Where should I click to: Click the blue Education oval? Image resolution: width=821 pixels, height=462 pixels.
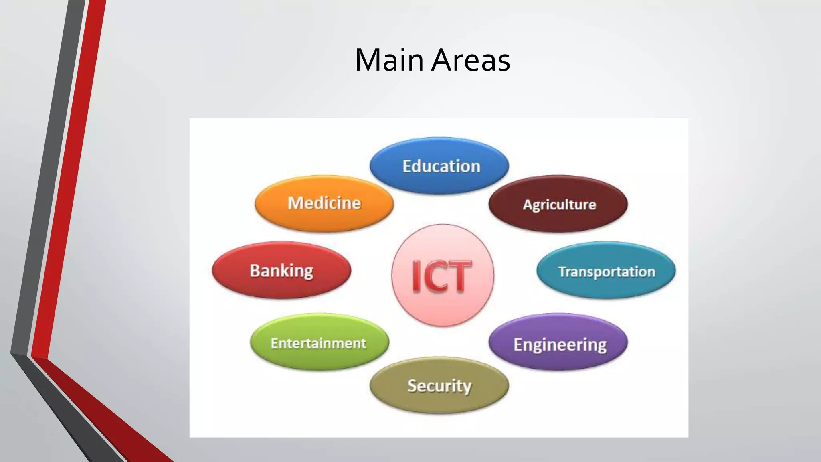click(x=439, y=166)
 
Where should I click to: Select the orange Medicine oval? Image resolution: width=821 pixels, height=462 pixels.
click(x=324, y=203)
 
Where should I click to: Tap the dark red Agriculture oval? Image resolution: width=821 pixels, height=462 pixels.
click(x=558, y=204)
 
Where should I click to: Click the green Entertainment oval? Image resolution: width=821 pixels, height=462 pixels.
click(x=319, y=342)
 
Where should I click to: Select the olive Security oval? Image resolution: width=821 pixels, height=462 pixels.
click(x=439, y=385)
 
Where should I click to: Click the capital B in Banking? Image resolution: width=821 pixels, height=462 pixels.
click(x=255, y=270)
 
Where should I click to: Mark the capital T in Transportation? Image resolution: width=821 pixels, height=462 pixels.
click(x=562, y=271)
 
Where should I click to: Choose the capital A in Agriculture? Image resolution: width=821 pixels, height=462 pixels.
click(x=527, y=205)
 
